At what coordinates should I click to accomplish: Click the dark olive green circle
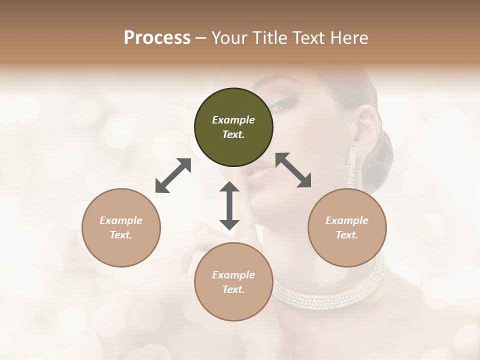[233, 127]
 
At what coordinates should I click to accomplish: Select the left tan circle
[121, 227]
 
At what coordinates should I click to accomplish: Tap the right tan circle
[347, 227]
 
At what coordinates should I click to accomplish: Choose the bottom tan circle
[233, 282]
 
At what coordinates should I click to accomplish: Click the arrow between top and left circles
[173, 175]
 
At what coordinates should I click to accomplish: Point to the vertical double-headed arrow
[229, 205]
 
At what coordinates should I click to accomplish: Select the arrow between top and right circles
[293, 170]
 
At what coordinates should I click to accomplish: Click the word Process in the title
[157, 37]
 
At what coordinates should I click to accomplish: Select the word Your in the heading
[229, 37]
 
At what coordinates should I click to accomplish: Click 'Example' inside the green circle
[233, 120]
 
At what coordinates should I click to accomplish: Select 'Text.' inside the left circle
[121, 235]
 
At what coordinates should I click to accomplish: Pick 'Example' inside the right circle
[347, 220]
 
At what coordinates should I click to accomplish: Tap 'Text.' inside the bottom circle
[233, 289]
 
